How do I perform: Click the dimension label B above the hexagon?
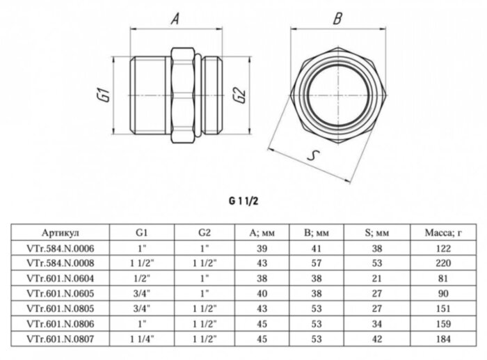click(x=337, y=19)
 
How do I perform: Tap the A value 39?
click(x=263, y=249)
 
